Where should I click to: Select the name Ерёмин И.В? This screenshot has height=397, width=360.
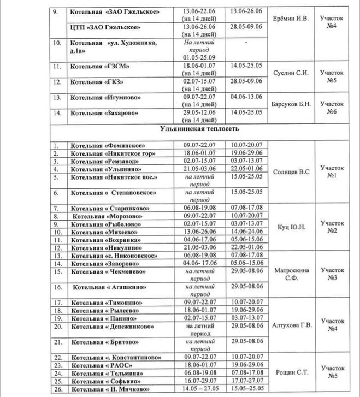pyautogui.click(x=290, y=18)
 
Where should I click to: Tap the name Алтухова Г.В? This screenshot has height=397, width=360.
pyautogui.click(x=291, y=325)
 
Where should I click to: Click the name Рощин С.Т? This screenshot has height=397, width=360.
pyautogui.click(x=290, y=372)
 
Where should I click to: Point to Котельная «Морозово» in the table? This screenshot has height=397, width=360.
pyautogui.click(x=104, y=217)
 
